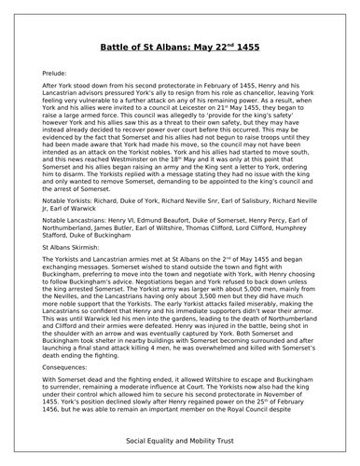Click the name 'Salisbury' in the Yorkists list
coord(272,199)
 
